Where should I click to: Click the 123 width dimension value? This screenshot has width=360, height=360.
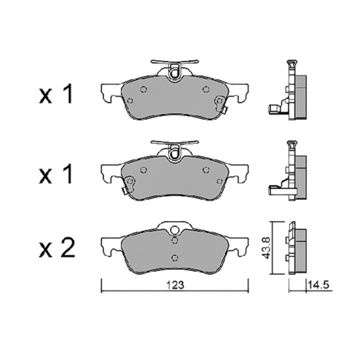(x=175, y=285)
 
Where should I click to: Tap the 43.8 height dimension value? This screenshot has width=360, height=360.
(x=266, y=248)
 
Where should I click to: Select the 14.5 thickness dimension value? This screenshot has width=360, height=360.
(x=319, y=285)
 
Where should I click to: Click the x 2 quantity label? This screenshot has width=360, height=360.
(x=57, y=248)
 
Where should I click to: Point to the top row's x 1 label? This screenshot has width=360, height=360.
(x=56, y=94)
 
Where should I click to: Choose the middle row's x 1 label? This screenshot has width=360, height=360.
(x=56, y=174)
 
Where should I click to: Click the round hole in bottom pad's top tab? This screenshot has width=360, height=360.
(x=175, y=229)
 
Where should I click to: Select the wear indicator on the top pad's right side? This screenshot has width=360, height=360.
(x=221, y=104)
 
